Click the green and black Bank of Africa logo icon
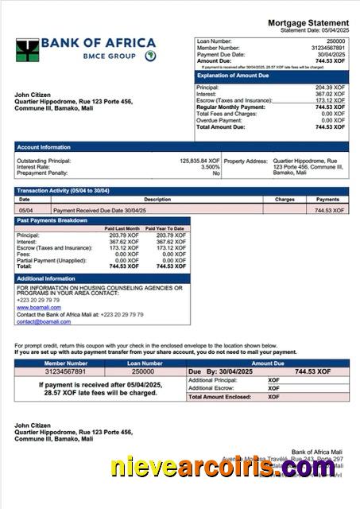pyautogui.click(x=27, y=50)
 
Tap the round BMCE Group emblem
pyautogui.click(x=150, y=56)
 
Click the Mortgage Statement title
pyautogui.click(x=308, y=22)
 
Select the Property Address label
pyautogui.click(x=246, y=160)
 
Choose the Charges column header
pyautogui.click(x=285, y=199)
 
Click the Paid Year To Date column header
pyautogui.click(x=167, y=228)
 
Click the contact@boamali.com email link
pyautogui.click(x=38, y=321)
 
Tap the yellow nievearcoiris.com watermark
pyautogui.click(x=223, y=469)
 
